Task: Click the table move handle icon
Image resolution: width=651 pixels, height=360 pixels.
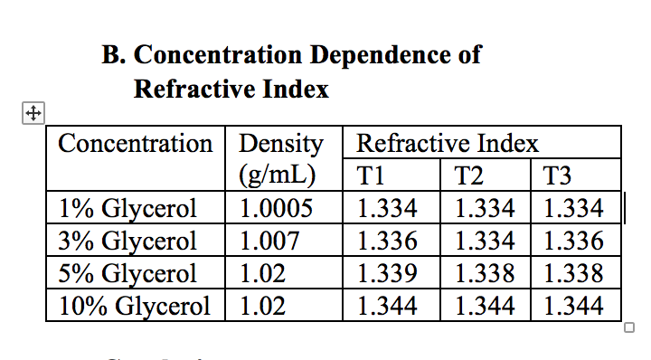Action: click(32, 114)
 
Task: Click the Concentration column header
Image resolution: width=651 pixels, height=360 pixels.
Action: click(135, 144)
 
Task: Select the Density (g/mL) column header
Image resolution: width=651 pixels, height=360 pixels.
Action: click(280, 158)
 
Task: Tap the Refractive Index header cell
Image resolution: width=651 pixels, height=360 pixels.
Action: click(448, 144)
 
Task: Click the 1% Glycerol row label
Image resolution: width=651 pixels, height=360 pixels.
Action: click(127, 209)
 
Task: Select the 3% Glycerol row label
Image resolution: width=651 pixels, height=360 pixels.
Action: click(127, 242)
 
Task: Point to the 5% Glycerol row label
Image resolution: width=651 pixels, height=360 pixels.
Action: click(127, 273)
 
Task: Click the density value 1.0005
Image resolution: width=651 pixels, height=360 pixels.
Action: click(277, 209)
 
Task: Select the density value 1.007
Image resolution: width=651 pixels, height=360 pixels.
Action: click(269, 242)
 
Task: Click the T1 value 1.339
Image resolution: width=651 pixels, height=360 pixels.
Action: click(388, 273)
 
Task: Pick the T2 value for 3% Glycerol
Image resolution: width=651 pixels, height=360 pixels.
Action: click(486, 242)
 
